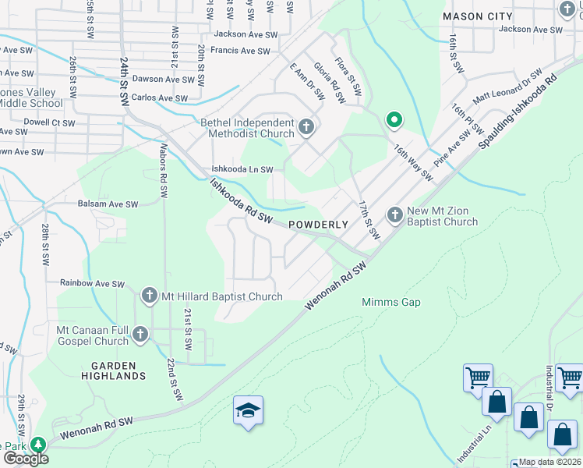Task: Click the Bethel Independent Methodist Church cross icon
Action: (x=306, y=126)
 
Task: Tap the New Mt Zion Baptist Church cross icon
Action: (x=395, y=214)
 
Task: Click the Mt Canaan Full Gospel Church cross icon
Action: (x=140, y=335)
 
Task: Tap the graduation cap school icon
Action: (x=248, y=412)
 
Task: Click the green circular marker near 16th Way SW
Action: (x=394, y=120)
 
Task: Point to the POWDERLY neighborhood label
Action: (x=317, y=225)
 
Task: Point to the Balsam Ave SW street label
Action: (x=108, y=204)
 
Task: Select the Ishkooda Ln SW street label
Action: (x=243, y=169)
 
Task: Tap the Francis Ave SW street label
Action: (x=239, y=51)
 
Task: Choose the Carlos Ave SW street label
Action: (x=159, y=99)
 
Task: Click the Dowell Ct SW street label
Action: (x=49, y=122)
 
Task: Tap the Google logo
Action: (x=25, y=459)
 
